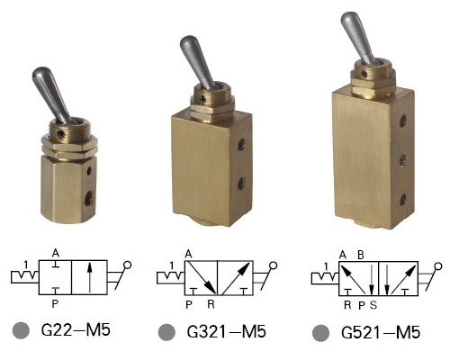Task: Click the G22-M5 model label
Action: tap(76, 329)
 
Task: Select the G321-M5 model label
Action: tap(226, 331)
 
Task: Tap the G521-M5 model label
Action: tap(381, 332)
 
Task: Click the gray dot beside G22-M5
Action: tap(21, 330)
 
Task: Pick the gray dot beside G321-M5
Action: tap(166, 332)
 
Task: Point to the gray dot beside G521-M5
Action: tap(320, 333)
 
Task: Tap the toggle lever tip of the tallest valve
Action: tap(348, 19)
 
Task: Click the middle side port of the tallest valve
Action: tap(403, 160)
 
